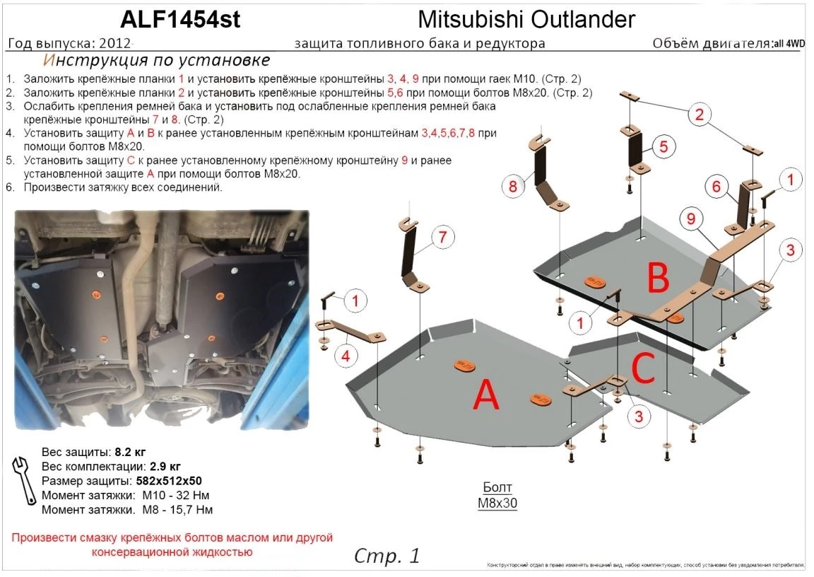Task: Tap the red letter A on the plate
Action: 486,397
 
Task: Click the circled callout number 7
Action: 442,238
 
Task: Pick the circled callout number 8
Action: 513,187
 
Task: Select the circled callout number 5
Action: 663,147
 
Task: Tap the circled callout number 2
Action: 699,115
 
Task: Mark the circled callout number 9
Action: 691,219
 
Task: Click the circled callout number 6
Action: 715,187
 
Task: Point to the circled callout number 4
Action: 346,357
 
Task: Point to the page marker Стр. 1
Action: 387,556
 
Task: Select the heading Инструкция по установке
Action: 156,60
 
